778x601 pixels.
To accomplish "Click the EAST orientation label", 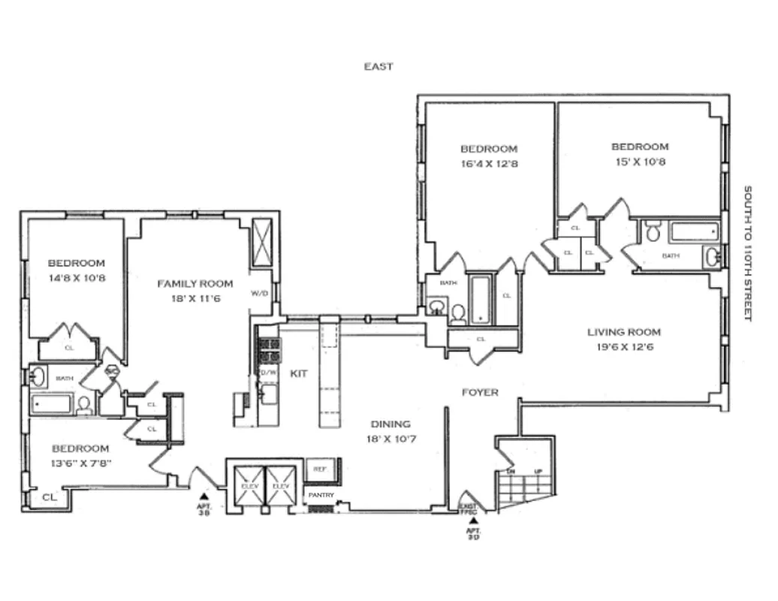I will (378, 66).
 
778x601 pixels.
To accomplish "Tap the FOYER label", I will (480, 392).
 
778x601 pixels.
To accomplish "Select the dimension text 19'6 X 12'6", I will (624, 347).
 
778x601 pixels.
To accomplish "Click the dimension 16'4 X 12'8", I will (489, 164).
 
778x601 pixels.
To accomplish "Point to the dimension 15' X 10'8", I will (639, 162).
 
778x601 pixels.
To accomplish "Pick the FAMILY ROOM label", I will (194, 283).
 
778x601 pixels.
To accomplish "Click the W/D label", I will (260, 294).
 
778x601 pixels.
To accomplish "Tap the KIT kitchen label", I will (299, 373).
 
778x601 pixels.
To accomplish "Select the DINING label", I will (391, 424).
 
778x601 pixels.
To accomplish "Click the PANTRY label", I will (320, 495).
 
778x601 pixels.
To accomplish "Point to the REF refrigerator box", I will (321, 469).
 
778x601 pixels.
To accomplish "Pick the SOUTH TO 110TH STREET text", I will (747, 254).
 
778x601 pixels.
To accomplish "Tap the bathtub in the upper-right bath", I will (694, 231).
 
